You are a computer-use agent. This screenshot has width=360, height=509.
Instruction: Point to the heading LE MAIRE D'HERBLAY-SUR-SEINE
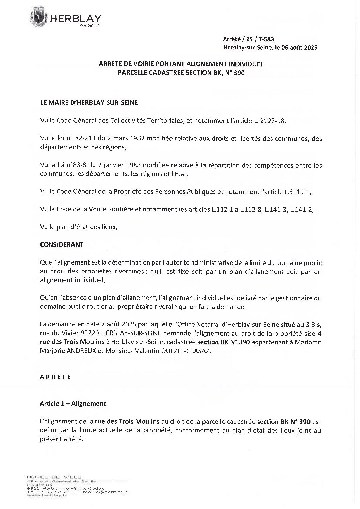click(89, 103)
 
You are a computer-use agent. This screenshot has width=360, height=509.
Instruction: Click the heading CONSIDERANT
click(62, 244)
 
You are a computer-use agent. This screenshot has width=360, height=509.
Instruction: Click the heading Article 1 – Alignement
click(73, 404)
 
